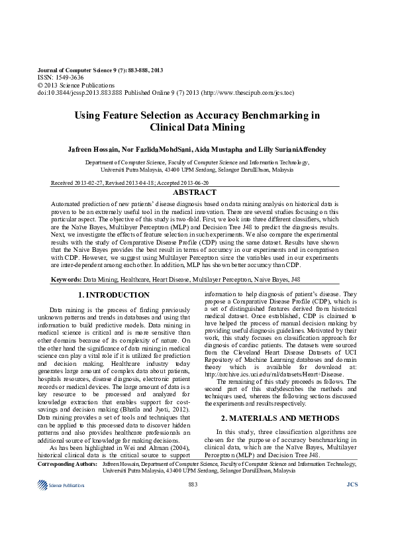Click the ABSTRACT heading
click(196, 192)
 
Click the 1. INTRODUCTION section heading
click(113, 295)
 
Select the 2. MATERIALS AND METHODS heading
click(279, 418)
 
